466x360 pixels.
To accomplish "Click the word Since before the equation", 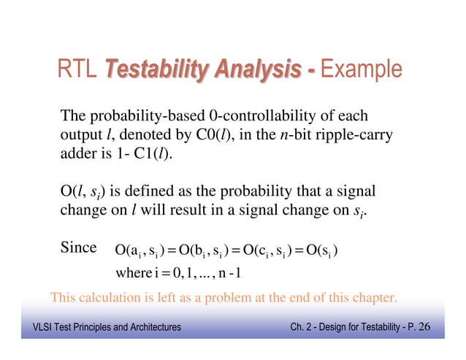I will [78, 248].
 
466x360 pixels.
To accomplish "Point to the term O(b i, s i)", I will [207, 252].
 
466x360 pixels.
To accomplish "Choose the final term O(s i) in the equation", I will [318, 252].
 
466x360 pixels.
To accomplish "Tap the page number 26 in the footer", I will [424, 326].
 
